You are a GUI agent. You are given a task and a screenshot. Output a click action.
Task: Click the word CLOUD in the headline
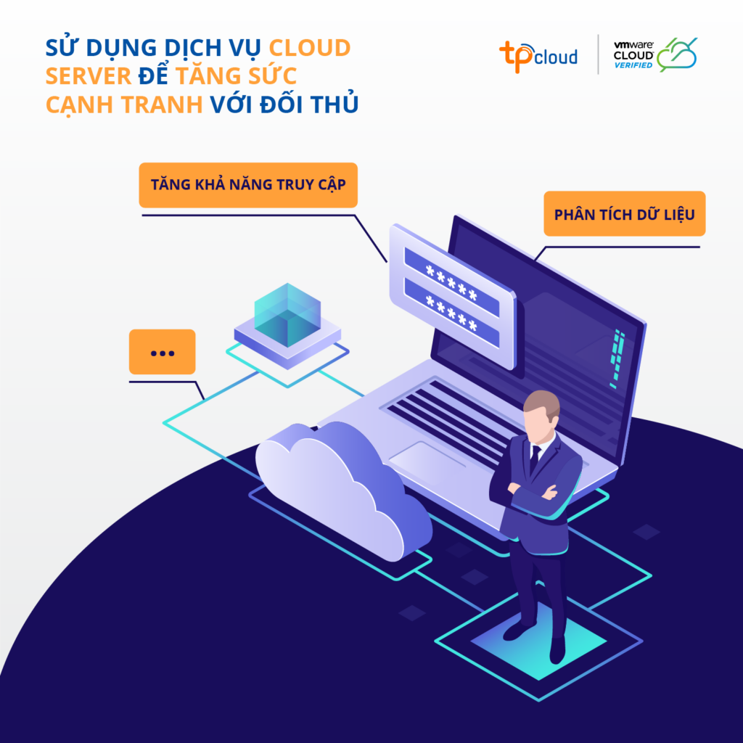(310, 49)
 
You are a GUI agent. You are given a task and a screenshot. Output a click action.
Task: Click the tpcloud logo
(538, 54)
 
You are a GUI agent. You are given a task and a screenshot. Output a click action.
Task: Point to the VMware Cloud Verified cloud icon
(677, 54)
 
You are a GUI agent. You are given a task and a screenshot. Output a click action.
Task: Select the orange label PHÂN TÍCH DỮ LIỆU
(624, 215)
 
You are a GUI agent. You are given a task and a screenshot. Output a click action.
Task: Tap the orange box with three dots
(162, 353)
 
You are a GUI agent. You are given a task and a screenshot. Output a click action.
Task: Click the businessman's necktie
(535, 459)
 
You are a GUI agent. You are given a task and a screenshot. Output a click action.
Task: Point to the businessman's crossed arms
(533, 496)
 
